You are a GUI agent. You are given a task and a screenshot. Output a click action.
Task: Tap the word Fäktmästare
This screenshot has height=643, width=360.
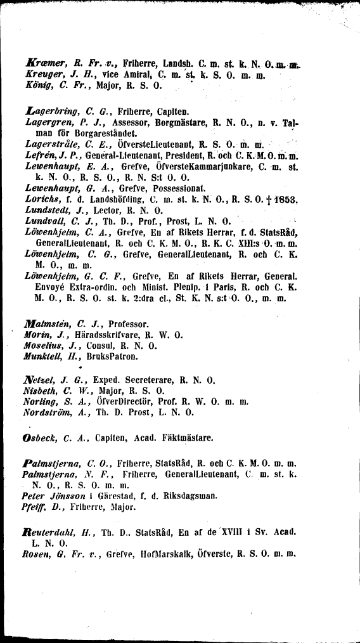coord(189,438)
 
